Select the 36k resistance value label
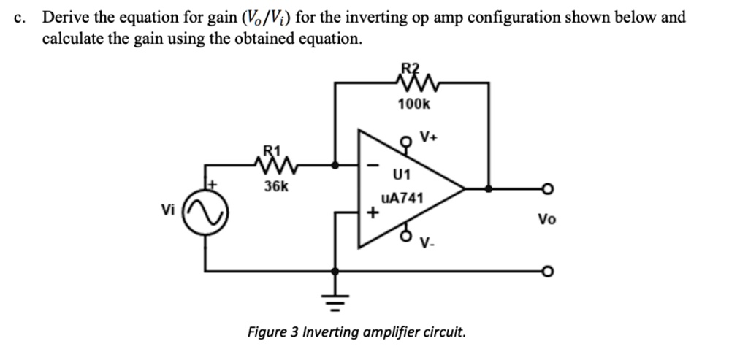click(275, 186)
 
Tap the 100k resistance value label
click(413, 104)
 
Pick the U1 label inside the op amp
click(402, 175)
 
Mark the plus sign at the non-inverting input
click(373, 214)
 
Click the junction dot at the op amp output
click(488, 189)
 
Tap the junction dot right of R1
click(335, 166)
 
